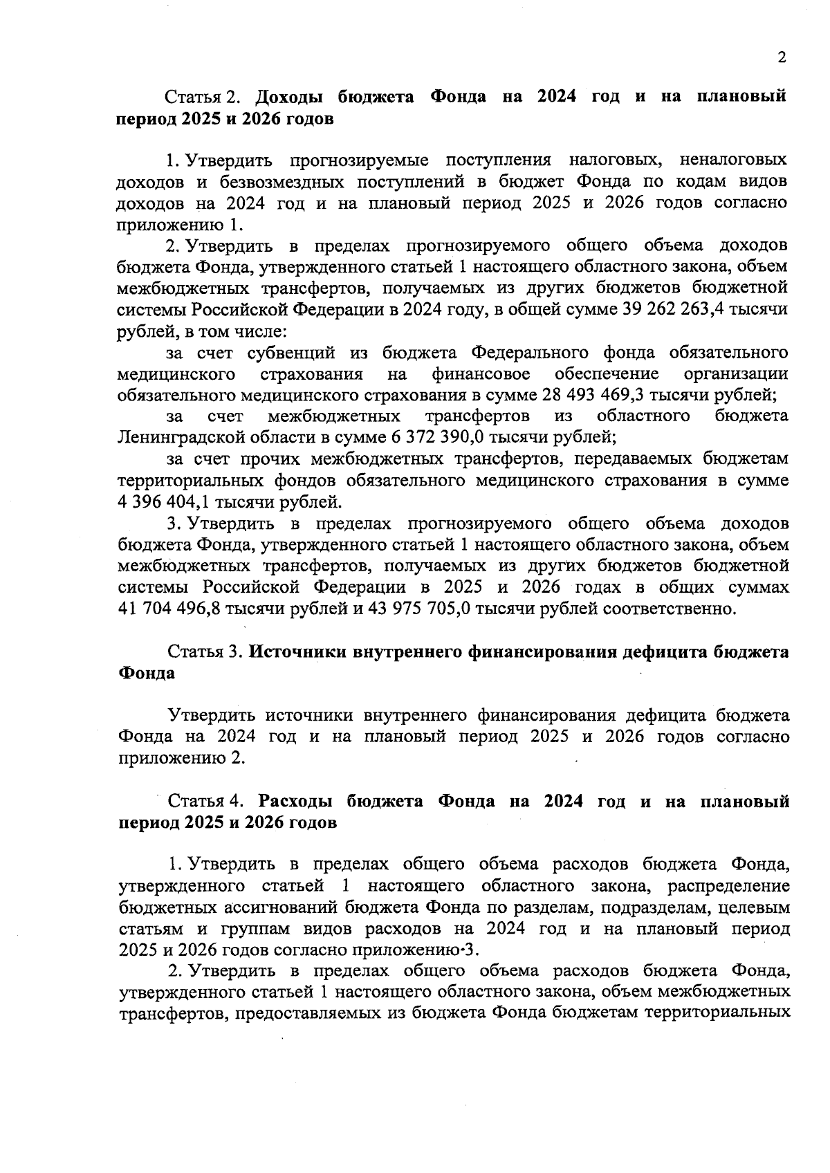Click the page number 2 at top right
782,57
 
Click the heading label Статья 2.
203,97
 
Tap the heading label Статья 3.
204,652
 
